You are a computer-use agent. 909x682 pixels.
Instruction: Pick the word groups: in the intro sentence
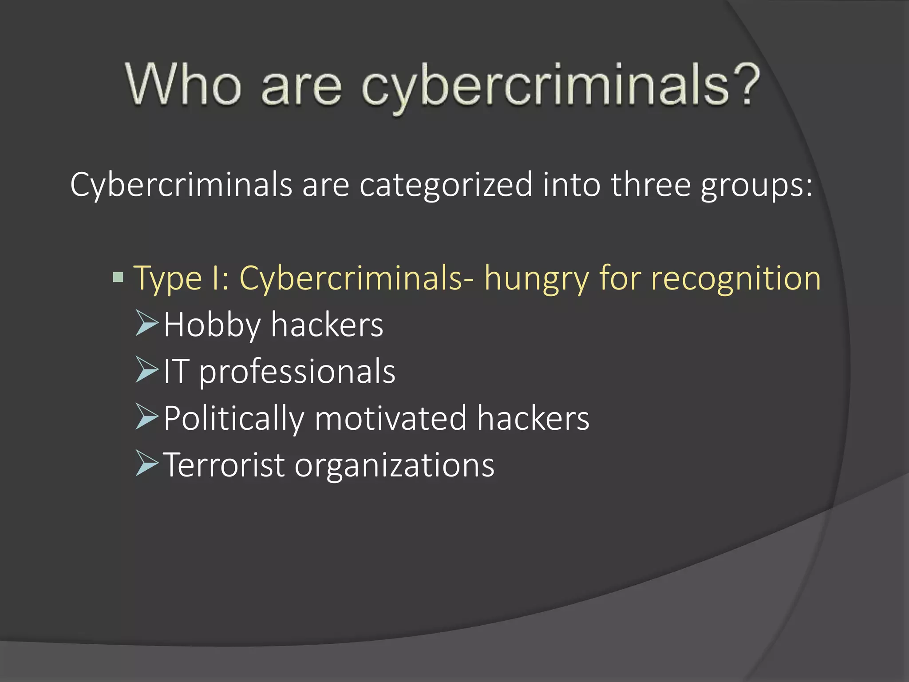coord(757,186)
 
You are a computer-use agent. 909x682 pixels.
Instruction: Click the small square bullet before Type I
coord(118,278)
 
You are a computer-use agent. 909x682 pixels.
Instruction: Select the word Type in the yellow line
coord(168,279)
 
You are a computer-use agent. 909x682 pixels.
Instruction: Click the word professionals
coord(296,372)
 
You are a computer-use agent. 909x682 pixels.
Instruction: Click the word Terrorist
coord(224,465)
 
